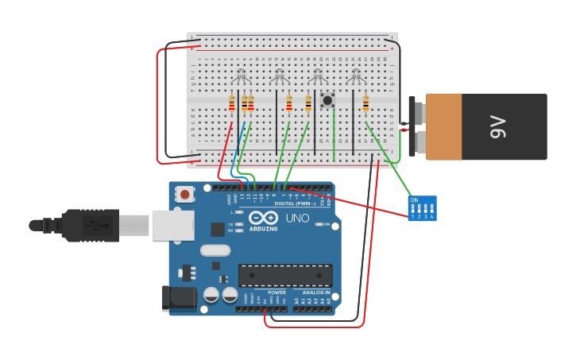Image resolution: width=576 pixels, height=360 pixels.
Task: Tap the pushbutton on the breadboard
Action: tap(327, 100)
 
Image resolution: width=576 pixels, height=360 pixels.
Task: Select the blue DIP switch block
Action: tap(422, 208)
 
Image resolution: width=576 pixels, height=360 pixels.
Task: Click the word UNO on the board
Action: tap(297, 218)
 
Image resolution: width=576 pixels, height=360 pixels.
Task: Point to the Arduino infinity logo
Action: tap(263, 218)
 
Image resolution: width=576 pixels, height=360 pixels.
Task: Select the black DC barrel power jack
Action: tap(179, 297)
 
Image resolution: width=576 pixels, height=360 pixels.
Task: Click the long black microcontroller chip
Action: tap(285, 275)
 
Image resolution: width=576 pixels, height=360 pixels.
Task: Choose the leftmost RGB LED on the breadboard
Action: tap(241, 78)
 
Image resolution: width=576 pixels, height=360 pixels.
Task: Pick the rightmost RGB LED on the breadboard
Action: tap(355, 78)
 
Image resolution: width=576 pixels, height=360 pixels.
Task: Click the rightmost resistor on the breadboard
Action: tap(365, 103)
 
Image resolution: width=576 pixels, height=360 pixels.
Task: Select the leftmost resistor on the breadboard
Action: tap(232, 103)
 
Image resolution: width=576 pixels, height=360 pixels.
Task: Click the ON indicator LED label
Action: tap(325, 224)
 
